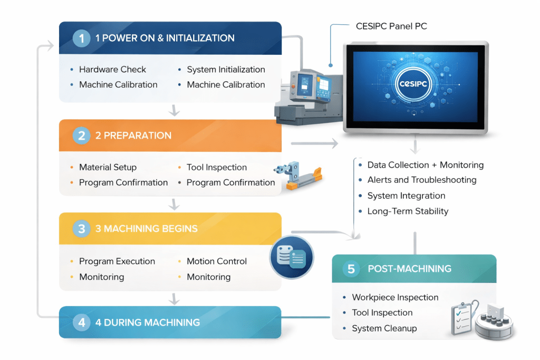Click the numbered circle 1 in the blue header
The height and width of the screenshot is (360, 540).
click(x=81, y=38)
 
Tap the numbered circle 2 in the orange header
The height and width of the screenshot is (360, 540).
click(x=81, y=135)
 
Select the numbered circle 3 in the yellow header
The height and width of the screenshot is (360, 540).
click(x=81, y=229)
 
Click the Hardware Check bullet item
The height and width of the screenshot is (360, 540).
click(x=112, y=70)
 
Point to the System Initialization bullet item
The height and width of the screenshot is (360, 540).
click(x=226, y=70)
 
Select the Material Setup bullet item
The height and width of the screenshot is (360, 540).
click(x=108, y=168)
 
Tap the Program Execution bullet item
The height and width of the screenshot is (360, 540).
click(x=117, y=261)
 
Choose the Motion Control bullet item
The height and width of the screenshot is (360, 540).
click(x=216, y=261)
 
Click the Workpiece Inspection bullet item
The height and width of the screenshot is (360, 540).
click(x=395, y=297)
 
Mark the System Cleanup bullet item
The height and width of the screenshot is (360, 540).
click(x=384, y=328)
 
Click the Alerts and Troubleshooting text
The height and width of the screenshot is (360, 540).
click(x=421, y=180)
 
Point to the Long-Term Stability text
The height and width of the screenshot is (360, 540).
click(x=408, y=211)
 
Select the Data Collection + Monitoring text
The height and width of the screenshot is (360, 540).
click(x=425, y=165)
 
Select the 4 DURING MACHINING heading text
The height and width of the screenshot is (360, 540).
click(x=147, y=322)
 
